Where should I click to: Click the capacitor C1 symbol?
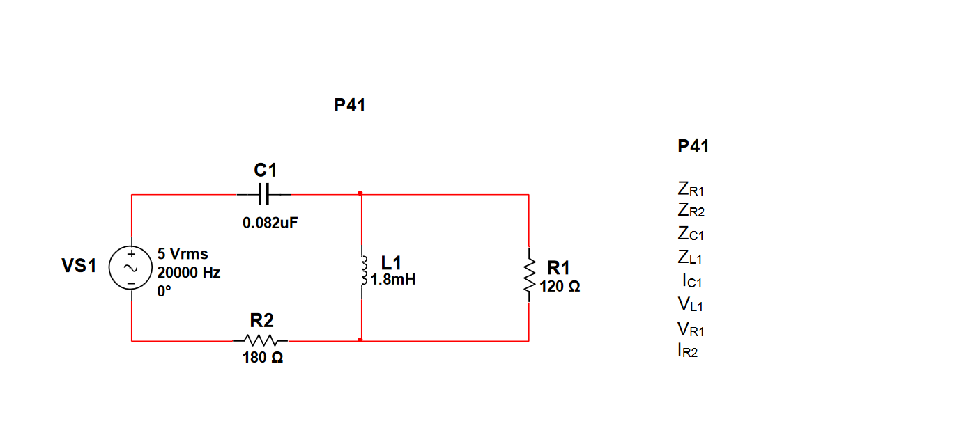tap(263, 195)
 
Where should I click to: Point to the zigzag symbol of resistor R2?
tap(261, 341)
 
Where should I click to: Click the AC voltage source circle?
tap(130, 268)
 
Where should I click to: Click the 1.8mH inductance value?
tap(394, 280)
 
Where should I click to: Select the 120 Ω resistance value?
tap(560, 286)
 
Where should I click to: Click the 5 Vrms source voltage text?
tap(183, 254)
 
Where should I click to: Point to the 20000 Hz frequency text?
tap(189, 273)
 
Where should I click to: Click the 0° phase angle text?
tap(164, 292)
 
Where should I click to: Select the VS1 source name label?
tap(79, 266)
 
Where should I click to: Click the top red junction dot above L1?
tap(360, 193)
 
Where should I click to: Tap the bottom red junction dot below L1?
tap(360, 340)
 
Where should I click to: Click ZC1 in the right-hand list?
tap(690, 234)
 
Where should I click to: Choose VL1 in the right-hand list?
tap(690, 305)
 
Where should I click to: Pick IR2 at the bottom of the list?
tap(687, 351)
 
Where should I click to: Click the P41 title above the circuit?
tap(350, 106)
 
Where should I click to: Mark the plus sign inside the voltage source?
tap(130, 255)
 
